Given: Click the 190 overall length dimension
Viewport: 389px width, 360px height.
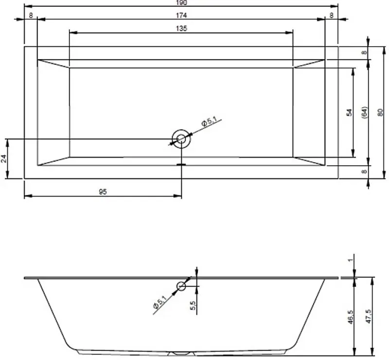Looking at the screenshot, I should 180,2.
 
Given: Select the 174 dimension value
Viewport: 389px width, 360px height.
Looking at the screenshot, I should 180,15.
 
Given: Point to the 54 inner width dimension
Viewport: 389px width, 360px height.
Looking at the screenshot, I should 349,113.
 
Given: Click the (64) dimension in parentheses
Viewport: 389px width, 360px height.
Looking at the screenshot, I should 365,113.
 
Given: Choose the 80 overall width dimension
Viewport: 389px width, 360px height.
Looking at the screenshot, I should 381,113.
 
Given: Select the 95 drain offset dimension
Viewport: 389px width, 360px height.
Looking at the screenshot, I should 103,192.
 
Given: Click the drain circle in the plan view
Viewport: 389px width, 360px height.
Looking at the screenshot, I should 181,139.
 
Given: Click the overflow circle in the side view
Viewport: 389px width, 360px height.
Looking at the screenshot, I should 181,286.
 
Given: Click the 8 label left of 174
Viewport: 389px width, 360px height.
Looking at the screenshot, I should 31,15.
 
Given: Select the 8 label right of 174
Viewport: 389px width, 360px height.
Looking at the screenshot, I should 331,15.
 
